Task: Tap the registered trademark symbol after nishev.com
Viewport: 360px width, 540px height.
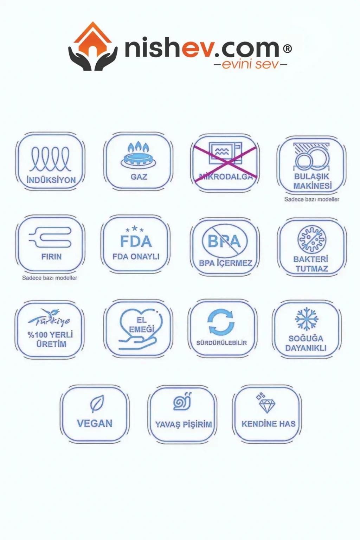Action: tap(287, 49)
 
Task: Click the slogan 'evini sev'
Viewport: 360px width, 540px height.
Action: tap(250, 64)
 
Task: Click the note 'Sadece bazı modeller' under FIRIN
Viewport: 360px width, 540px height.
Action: tap(50, 278)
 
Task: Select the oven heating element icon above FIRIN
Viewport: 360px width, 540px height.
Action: tap(50, 237)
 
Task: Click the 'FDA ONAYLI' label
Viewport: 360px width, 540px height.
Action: tap(136, 257)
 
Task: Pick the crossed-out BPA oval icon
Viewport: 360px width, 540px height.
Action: tap(224, 241)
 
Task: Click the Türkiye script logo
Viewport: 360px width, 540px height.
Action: tap(50, 317)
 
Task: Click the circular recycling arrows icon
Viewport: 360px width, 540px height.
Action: tap(221, 322)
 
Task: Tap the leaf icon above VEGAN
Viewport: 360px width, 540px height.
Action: tap(96, 404)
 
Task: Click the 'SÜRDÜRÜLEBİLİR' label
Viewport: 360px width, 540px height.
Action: tap(221, 343)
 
